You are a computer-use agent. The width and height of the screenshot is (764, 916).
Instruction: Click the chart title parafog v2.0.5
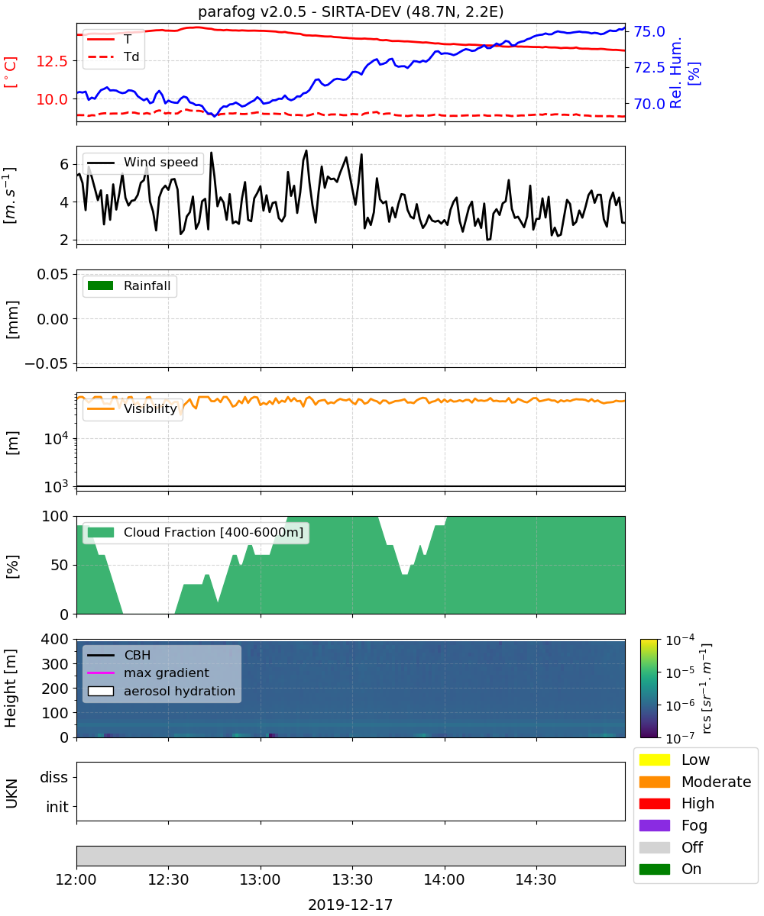point(252,11)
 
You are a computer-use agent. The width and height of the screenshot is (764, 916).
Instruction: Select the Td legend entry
point(113,56)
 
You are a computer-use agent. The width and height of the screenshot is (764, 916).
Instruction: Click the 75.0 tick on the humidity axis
point(649,31)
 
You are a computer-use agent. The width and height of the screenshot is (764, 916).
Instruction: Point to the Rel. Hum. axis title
point(675,73)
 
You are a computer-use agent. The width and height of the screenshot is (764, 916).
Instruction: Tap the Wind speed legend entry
point(143,163)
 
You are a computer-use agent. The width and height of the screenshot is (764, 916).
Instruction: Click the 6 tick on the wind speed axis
point(64,165)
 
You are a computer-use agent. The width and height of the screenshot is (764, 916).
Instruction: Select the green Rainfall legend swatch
point(101,285)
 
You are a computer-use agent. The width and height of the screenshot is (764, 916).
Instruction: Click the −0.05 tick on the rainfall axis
point(47,363)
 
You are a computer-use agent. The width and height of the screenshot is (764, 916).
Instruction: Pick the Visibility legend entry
point(131,409)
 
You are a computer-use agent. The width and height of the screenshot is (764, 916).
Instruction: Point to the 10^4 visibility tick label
point(56,438)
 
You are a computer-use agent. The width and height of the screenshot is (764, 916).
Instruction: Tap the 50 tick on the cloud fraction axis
point(60,565)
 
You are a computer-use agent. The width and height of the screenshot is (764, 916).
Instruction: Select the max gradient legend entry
point(148,672)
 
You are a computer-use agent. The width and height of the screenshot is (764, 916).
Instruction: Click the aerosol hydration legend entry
point(161,691)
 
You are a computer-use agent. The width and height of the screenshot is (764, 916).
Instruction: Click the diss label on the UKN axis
point(53,777)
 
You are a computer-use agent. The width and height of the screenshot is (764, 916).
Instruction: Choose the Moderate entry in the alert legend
point(695,782)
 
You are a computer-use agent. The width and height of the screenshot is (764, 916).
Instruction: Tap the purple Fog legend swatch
point(655,825)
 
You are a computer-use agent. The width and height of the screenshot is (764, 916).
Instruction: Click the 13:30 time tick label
point(352,879)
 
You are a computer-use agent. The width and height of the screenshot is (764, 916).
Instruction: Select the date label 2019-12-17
point(351,905)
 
